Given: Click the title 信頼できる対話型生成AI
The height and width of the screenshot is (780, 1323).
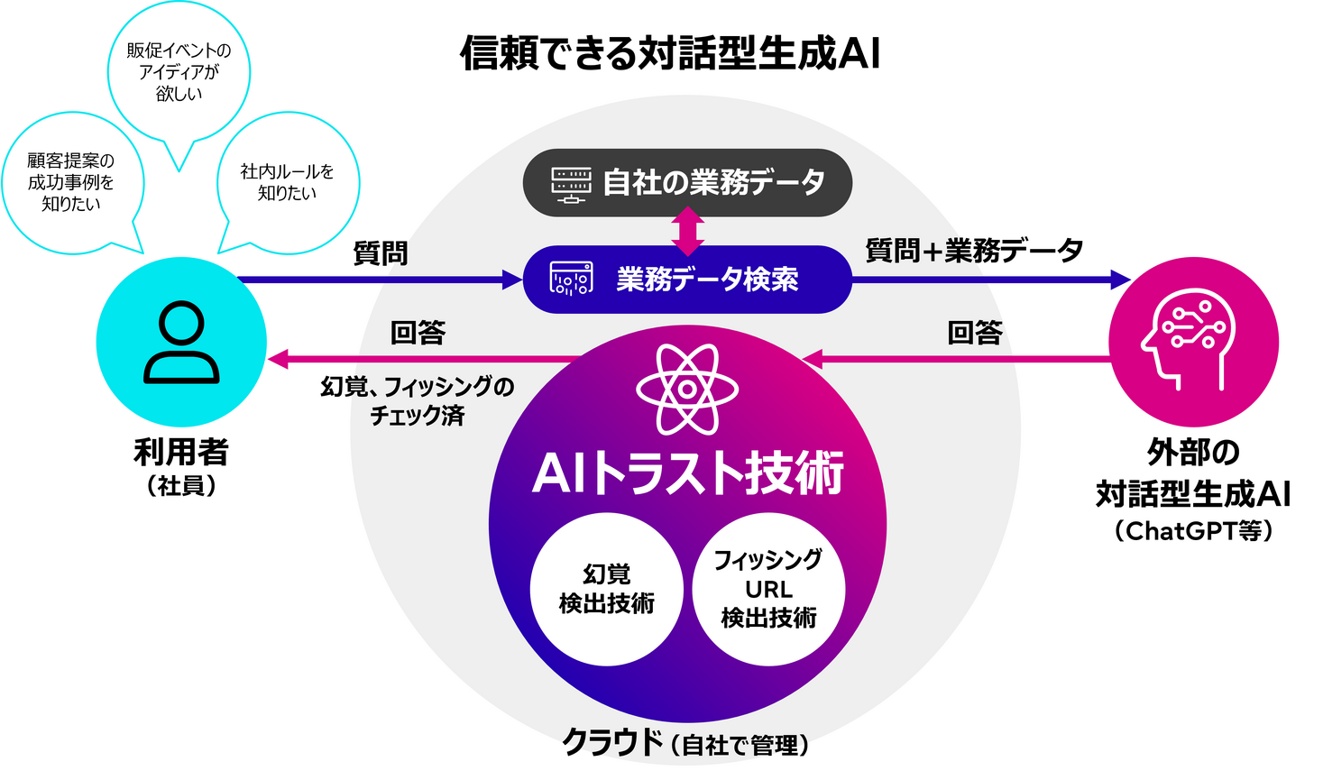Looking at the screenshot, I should (670, 53).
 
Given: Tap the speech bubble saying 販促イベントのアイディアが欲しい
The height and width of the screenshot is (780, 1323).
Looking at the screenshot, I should (179, 72).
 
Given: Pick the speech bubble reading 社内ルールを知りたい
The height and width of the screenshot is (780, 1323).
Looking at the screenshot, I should (288, 182).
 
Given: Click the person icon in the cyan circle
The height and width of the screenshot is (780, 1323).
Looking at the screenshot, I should (181, 343).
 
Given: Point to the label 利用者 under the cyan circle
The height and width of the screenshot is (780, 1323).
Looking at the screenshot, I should (181, 453).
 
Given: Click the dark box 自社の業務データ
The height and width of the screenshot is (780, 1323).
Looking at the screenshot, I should (687, 182).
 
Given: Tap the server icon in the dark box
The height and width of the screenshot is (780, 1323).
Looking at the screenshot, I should (571, 183).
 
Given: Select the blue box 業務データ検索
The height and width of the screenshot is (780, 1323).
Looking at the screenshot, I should (687, 280).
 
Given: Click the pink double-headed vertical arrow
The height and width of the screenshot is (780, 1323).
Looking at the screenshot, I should (687, 231).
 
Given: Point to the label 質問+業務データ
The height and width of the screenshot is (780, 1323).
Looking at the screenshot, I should (974, 251).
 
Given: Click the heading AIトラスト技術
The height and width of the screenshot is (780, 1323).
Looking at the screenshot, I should (687, 473).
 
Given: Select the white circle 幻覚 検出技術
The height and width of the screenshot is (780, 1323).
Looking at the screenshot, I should (606, 589).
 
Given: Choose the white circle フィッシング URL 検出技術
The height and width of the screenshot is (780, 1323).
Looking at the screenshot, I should (768, 589).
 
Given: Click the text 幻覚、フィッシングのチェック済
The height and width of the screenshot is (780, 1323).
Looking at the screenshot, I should (418, 400).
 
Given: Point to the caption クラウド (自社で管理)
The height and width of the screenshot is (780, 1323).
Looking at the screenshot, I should (685, 743).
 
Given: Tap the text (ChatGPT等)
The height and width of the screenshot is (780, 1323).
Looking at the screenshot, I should (1193, 530).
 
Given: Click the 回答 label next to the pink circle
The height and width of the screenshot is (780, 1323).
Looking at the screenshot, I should (975, 333).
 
